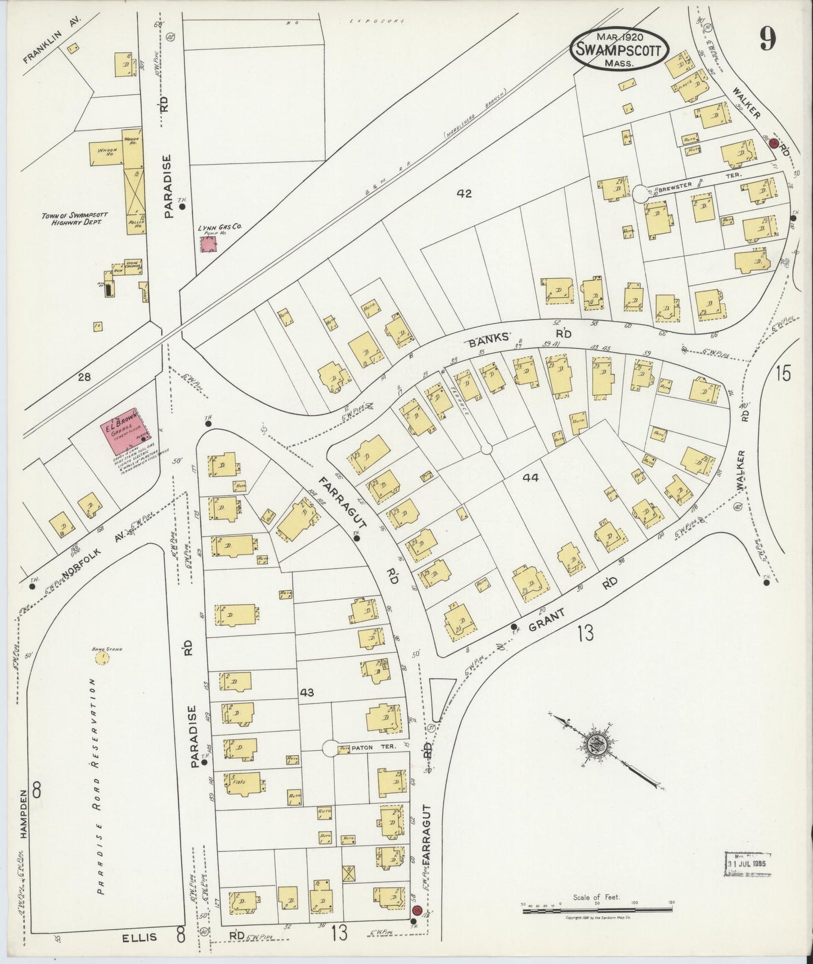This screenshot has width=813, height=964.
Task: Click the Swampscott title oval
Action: point(620,48)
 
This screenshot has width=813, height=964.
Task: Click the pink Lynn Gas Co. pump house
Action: point(209,244)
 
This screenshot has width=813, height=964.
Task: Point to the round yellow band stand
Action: point(102,657)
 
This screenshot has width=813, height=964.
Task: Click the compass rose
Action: point(598,746)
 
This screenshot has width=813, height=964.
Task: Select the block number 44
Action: point(530,478)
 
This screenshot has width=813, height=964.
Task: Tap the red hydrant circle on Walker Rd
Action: point(774,143)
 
